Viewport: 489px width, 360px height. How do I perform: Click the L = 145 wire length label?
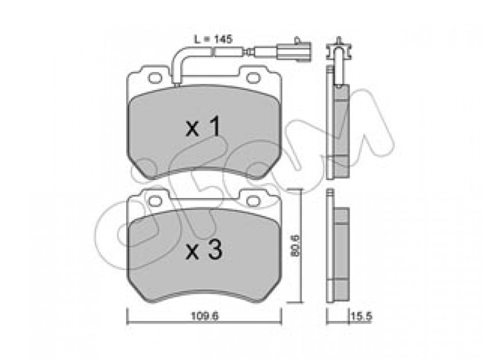click(x=213, y=39)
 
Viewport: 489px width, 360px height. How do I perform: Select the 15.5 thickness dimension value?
click(x=361, y=316)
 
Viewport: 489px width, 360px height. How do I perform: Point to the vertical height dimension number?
click(x=295, y=246)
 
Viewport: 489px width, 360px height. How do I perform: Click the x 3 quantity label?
click(x=204, y=250)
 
